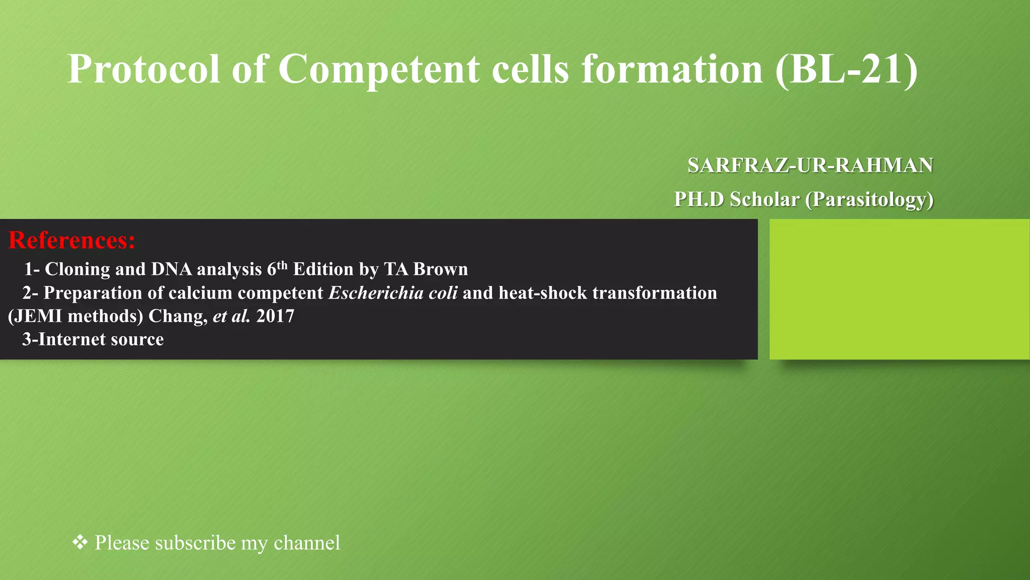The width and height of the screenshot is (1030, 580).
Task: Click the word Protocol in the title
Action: pos(144,69)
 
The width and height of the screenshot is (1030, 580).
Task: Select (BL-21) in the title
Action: pos(846,69)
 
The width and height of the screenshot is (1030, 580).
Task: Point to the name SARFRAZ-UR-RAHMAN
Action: pos(810,166)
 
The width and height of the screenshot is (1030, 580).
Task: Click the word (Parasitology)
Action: pos(869,199)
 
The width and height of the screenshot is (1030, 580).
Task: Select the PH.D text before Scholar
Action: pos(699,199)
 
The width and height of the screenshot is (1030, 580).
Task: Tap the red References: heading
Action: pos(72,240)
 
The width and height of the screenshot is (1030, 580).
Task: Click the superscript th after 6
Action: pos(282,265)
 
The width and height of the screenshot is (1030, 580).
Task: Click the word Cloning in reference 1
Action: pos(77,269)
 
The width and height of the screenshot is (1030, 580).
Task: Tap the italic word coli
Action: pos(443,293)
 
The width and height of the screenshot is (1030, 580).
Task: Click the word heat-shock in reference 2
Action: pos(540,293)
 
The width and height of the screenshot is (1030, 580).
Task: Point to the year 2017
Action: pos(275,316)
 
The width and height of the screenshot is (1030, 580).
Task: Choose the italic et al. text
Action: pos(231,316)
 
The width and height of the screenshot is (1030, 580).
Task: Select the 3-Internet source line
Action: pos(93,339)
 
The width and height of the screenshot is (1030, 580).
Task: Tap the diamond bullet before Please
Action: pos(80,542)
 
